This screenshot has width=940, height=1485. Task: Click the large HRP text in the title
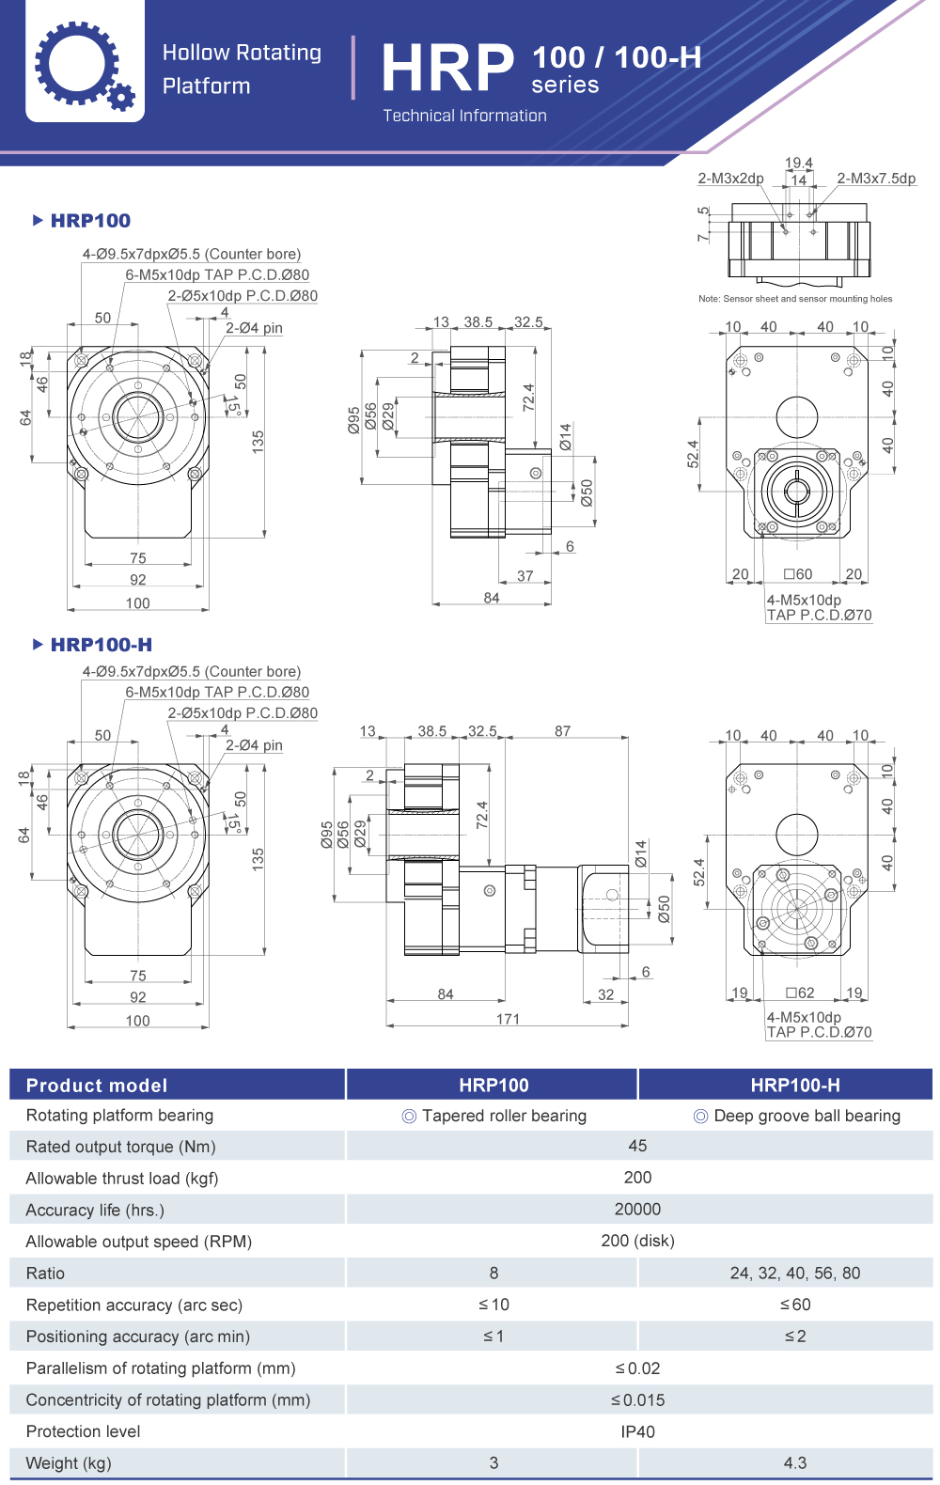tap(447, 69)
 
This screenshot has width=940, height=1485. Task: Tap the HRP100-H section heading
tap(101, 645)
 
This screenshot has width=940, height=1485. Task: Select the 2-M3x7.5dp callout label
tap(876, 179)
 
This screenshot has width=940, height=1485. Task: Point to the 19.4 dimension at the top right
tap(799, 163)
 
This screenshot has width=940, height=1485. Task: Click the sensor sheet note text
tap(795, 299)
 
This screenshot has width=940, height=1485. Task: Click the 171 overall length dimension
tap(508, 1019)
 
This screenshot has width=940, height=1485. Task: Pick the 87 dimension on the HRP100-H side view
tap(562, 730)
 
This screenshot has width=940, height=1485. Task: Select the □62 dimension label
tap(800, 993)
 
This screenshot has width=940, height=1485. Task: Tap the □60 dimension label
tap(798, 574)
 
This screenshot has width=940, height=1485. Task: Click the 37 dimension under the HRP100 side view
tap(525, 576)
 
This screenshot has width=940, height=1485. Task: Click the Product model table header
tap(97, 1086)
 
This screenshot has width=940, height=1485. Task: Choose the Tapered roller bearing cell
tap(494, 1116)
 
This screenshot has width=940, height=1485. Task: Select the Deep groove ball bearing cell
tap(797, 1116)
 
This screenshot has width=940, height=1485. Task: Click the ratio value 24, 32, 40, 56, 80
tap(795, 1274)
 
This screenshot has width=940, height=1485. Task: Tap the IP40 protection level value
tap(637, 1431)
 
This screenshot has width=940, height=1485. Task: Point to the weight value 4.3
tap(795, 1463)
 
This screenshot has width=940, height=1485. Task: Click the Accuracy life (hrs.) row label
tap(95, 1211)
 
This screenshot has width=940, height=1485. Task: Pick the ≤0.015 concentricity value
tap(637, 1400)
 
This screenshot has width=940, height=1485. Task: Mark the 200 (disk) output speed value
tap(637, 1242)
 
